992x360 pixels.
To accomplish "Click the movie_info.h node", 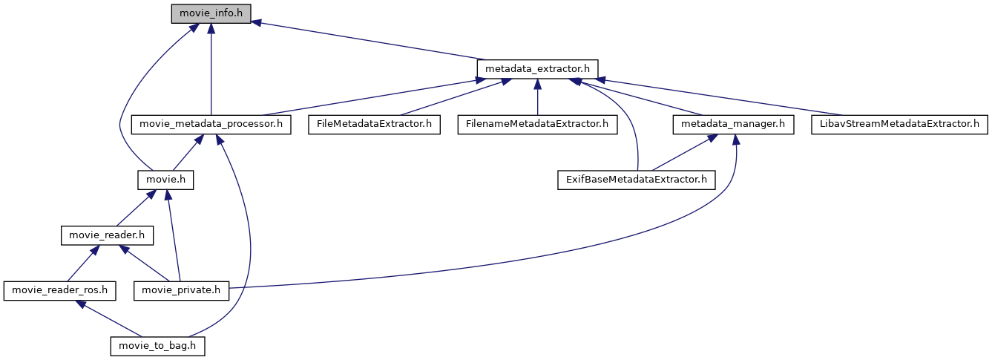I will [x=211, y=13].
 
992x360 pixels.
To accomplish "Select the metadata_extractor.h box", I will [x=537, y=68].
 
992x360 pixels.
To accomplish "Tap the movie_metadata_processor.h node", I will [x=211, y=124].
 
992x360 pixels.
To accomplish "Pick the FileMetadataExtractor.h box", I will [x=375, y=124].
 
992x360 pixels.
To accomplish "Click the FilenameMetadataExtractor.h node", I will [x=537, y=124].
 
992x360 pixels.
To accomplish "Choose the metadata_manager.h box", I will [x=732, y=124].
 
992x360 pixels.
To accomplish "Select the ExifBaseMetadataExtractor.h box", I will [x=636, y=180].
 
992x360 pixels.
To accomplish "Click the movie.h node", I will [x=165, y=180].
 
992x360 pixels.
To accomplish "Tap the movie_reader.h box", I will [x=106, y=235].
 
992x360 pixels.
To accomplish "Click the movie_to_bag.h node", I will [x=157, y=346].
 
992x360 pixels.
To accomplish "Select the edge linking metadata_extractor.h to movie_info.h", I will [x=371, y=40].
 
